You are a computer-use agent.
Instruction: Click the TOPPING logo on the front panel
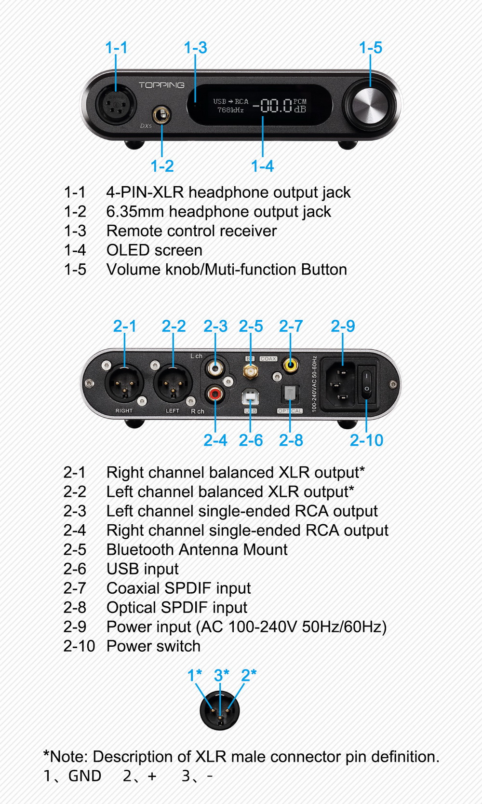tap(161, 85)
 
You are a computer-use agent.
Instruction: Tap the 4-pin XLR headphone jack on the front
tap(116, 105)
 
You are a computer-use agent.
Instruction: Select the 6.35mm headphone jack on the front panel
tap(161, 115)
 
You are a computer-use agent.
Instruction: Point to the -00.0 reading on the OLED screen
tap(272, 106)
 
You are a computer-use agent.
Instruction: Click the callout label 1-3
tap(195, 48)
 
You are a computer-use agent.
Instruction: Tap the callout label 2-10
tap(366, 440)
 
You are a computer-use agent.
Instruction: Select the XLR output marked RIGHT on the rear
tap(124, 383)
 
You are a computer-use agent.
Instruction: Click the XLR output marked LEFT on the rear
tap(173, 383)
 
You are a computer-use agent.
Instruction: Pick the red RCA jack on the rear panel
tap(215, 394)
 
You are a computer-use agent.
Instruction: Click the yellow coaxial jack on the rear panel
tap(290, 365)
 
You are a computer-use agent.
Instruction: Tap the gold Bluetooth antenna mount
tap(250, 371)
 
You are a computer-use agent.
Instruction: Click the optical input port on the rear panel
tap(290, 395)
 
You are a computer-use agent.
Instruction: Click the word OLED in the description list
tap(128, 250)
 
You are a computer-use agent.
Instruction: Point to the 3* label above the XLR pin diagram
tap(221, 675)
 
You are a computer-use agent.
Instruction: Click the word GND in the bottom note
tap(85, 776)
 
